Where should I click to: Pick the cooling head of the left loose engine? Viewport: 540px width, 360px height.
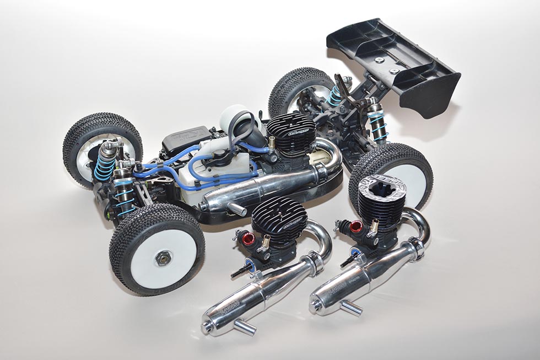[x=279, y=221]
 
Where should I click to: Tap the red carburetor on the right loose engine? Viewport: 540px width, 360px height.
[x=357, y=226]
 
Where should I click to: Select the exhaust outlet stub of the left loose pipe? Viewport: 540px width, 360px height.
[x=244, y=327]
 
